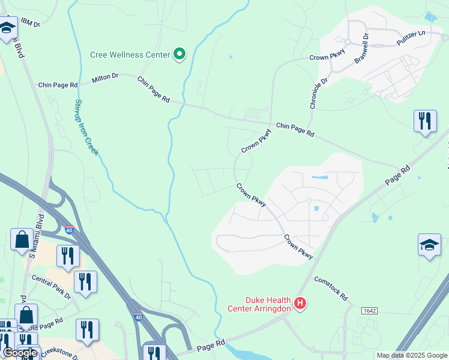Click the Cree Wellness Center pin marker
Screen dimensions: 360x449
(x=179, y=55)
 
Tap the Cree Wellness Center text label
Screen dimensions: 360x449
(x=130, y=55)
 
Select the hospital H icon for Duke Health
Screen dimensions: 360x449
(x=301, y=305)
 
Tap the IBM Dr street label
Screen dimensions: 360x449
(x=29, y=23)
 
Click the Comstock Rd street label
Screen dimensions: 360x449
(x=331, y=289)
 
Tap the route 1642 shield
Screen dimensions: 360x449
(x=370, y=310)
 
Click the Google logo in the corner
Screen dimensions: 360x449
(x=20, y=353)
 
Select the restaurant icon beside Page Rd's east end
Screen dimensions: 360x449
(x=425, y=121)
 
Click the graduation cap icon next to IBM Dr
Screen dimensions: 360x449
(x=8, y=28)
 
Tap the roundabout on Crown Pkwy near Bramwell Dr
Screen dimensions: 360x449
(x=347, y=41)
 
